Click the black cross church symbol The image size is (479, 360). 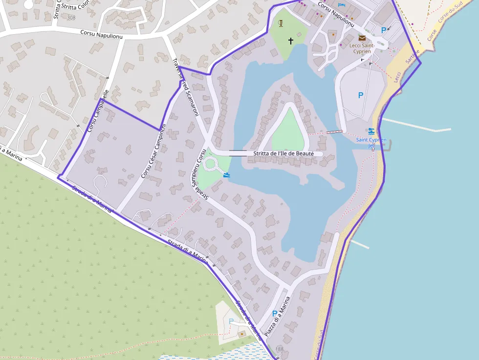[291, 41]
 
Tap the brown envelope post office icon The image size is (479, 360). [362, 38]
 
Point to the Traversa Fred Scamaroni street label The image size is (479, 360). [185, 84]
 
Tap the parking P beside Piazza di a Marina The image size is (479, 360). [274, 314]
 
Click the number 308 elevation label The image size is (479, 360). [71, 18]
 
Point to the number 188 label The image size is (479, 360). [279, 349]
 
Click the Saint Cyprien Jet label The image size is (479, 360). [371, 142]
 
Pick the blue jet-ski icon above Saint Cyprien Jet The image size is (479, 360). [371, 131]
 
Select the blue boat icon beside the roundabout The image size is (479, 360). [226, 174]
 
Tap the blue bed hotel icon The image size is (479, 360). [341, 5]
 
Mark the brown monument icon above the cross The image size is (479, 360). [281, 23]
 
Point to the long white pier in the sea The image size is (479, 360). [415, 126]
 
